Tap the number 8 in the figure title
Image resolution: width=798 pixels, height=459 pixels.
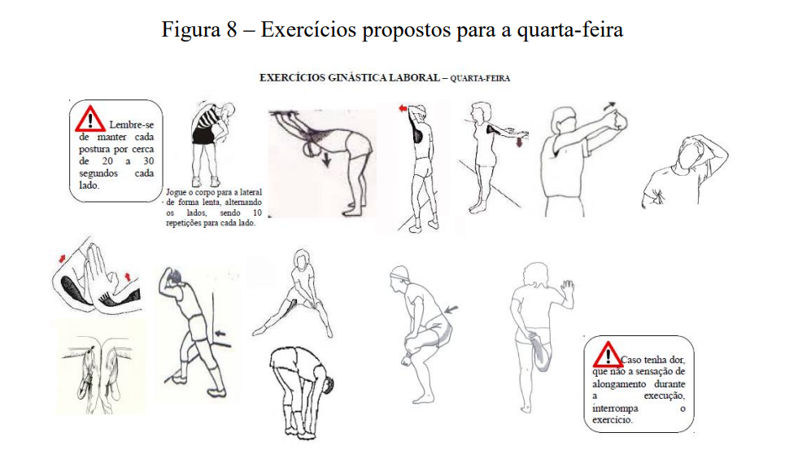tap(234, 30)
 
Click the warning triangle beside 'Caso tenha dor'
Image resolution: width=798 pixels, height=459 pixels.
tap(606, 354)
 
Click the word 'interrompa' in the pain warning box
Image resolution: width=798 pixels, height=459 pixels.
tap(616, 409)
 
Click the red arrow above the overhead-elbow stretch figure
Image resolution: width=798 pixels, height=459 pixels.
tap(402, 107)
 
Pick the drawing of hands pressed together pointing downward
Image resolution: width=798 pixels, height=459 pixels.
tap(98, 366)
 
